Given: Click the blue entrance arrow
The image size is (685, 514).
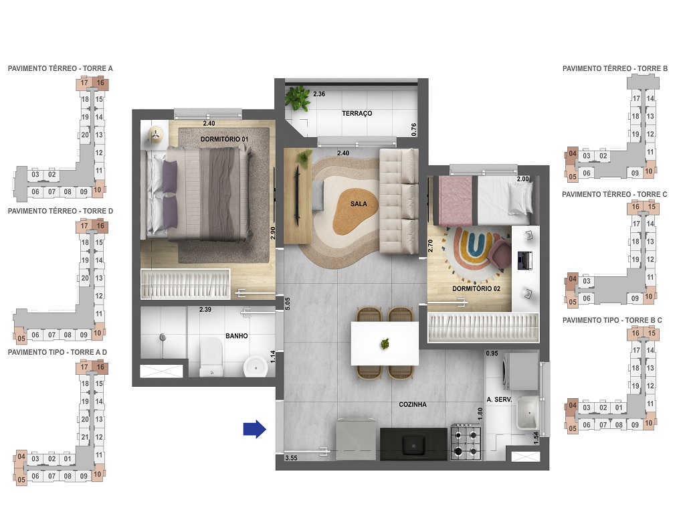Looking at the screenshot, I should [x=254, y=428].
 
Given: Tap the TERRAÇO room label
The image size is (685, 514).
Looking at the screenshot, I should [x=357, y=114].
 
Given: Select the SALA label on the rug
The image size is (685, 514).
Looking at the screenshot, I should [x=358, y=204].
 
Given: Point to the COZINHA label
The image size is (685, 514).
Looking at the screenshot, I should [x=413, y=404].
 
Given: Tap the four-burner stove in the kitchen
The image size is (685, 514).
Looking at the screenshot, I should [x=466, y=442].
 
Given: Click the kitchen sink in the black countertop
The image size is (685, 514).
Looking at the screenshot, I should [x=413, y=443].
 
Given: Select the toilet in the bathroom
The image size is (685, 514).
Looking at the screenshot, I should [x=211, y=355].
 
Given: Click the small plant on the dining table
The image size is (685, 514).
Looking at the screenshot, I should [x=385, y=344].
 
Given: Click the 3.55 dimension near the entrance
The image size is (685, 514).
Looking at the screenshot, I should [x=290, y=458].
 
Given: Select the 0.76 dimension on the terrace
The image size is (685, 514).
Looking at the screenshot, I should [x=414, y=130].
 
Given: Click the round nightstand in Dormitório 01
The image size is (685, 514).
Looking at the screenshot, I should [x=155, y=135].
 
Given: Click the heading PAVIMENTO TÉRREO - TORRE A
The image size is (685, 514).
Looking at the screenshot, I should [x=60, y=68].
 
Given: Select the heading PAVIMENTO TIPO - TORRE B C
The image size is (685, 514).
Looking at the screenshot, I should [x=612, y=321].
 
